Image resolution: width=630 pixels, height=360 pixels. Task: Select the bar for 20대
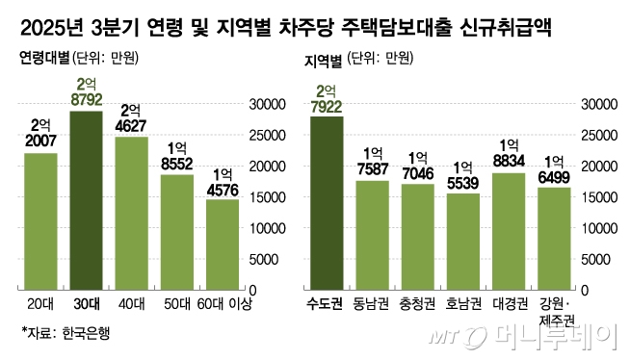[x=40, y=221]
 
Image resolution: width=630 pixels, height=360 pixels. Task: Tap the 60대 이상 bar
[x=223, y=244]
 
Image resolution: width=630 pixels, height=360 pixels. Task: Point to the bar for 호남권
[x=463, y=241]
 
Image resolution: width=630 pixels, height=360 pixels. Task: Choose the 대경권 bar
[x=508, y=231]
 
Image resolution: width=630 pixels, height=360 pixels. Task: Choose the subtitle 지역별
[x=323, y=60]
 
